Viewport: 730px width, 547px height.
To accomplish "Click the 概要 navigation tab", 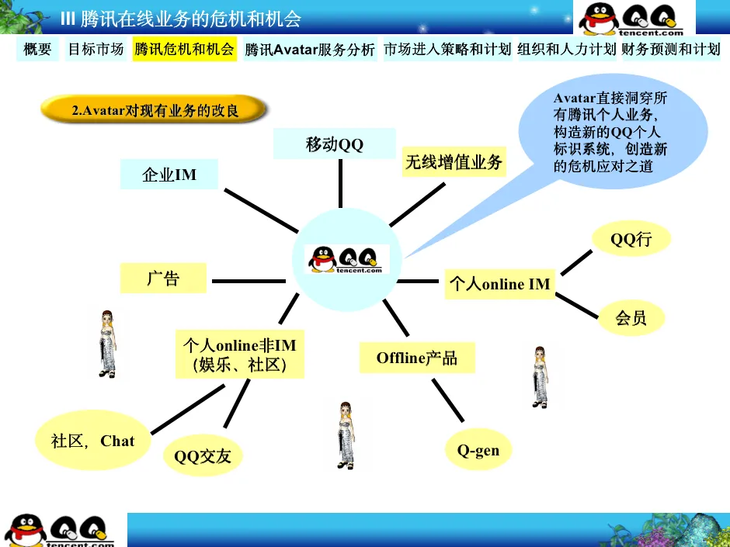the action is [37, 50].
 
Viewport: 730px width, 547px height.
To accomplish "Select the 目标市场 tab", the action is [96, 50].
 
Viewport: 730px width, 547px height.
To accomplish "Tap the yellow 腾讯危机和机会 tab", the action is [184, 50].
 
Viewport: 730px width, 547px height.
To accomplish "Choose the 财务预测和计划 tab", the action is [671, 50].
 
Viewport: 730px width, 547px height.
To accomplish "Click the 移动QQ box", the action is [335, 144].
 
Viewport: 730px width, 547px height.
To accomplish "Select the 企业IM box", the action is [169, 175].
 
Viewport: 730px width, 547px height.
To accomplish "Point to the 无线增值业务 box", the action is [454, 163].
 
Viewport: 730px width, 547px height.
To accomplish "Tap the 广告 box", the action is [163, 279].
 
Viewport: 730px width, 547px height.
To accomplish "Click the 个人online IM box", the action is [499, 284].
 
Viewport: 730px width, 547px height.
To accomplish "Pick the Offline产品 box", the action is [417, 358].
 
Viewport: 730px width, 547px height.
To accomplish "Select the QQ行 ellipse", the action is [631, 240].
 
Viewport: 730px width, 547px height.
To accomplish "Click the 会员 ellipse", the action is [631, 317].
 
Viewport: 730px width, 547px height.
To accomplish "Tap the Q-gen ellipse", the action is [478, 450].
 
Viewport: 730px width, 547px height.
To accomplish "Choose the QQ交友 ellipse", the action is [203, 455].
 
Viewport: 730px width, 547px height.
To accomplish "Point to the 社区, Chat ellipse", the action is [92, 441].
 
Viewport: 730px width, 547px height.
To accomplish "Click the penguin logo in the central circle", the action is [344, 259].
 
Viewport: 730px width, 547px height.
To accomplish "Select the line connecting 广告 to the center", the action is [248, 280].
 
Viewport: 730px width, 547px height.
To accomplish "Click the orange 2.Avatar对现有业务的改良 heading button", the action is [155, 111].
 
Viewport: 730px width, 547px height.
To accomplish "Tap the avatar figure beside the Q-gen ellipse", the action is [346, 434].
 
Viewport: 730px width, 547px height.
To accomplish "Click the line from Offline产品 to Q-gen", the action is [448, 401].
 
